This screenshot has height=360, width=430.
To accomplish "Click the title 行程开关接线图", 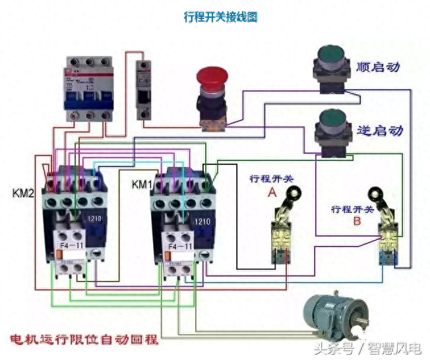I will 220,16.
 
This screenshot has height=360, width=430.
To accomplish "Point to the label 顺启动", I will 379,67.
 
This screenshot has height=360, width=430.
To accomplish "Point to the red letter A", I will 272,193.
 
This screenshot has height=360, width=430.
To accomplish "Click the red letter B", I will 357,222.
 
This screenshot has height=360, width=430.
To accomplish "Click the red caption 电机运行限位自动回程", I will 84,340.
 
